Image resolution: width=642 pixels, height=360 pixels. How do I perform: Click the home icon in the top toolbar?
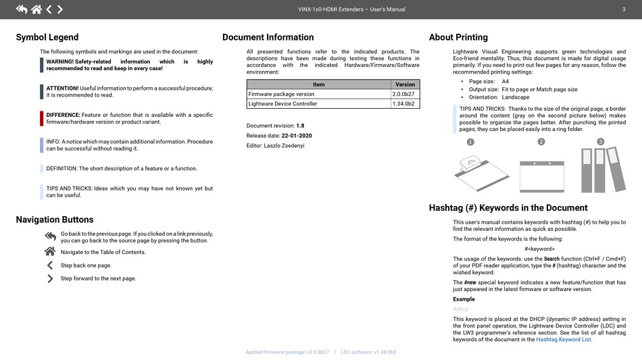(36, 9)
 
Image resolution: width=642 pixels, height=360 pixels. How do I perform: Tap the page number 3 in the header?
(623, 9)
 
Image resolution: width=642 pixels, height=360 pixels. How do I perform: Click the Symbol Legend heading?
(47, 37)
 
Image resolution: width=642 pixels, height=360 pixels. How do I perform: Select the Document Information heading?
(268, 37)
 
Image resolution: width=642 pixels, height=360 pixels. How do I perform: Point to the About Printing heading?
(458, 37)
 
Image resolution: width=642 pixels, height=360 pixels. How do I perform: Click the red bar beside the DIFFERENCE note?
(42, 118)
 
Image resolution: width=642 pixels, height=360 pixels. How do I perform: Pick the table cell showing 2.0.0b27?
(403, 94)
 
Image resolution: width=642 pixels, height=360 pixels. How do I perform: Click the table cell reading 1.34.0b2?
(403, 104)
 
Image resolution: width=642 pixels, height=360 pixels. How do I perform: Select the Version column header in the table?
(405, 84)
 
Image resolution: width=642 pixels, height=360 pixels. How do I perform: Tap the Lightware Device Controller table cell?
(282, 104)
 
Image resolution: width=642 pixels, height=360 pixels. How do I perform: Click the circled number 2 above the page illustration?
(541, 142)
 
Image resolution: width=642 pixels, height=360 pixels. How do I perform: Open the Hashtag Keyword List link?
(564, 340)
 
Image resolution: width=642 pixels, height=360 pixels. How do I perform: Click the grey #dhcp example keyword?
(461, 309)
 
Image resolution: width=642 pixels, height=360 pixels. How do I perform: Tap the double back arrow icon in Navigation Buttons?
(50, 236)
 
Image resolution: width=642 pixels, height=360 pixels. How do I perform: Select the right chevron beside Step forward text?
(50, 278)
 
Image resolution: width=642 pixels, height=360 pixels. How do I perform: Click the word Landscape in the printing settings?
(516, 97)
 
